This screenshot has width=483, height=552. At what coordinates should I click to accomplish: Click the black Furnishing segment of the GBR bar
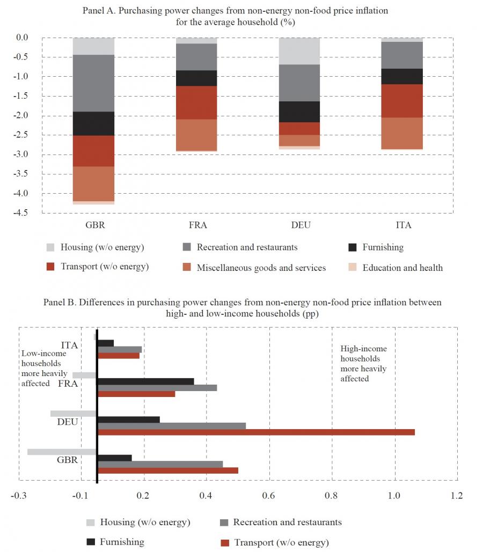point(93,123)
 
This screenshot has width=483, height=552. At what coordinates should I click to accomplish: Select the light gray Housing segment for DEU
point(299,51)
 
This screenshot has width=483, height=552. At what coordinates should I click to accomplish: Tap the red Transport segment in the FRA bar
point(196,102)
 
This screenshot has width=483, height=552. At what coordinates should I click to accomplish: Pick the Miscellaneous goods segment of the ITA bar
point(402,133)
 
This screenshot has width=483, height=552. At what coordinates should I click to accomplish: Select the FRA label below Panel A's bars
point(196,225)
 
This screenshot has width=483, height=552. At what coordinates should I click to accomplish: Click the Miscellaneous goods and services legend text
point(261,267)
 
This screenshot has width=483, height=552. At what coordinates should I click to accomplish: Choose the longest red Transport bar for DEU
point(256,432)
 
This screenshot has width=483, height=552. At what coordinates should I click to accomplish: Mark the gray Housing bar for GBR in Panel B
point(62,452)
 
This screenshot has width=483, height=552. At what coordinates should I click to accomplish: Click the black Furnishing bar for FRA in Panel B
point(145,381)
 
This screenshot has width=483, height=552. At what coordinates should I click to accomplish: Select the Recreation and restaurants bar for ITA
point(120,349)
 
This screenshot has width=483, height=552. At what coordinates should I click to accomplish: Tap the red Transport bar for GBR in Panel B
point(167,470)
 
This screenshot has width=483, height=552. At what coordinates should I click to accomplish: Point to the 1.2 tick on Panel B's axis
point(456,496)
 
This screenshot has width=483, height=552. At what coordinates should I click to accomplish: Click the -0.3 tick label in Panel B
point(19,496)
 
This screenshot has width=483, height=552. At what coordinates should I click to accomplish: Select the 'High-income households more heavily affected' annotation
point(363,364)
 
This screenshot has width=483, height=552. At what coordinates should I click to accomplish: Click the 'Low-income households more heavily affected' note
point(44,368)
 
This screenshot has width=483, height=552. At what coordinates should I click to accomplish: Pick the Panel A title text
point(235,17)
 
